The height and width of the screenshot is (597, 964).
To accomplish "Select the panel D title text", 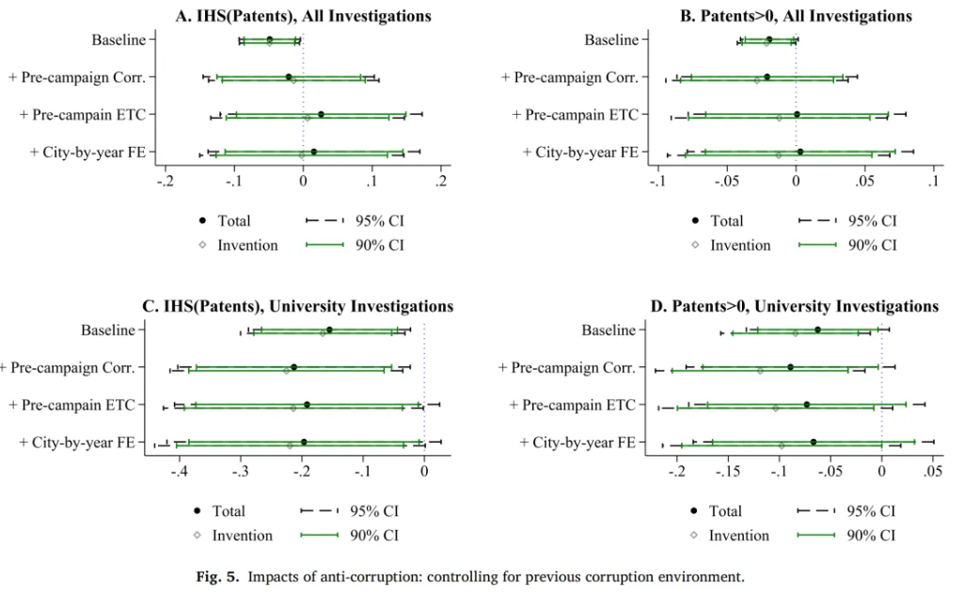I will click(794, 306).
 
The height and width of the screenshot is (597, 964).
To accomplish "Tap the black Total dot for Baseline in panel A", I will click(270, 40).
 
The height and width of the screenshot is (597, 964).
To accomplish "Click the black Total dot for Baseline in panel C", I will click(329, 330).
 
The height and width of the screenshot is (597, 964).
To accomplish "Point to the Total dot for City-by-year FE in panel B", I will click(800, 152).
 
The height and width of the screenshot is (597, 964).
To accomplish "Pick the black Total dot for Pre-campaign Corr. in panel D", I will click(791, 367).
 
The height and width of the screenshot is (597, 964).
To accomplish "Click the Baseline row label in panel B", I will click(610, 40).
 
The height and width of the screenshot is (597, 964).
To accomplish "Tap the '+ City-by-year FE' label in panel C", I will click(77, 442).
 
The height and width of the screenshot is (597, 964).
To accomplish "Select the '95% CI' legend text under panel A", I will click(379, 221).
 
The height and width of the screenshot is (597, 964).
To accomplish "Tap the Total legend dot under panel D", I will click(694, 511).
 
